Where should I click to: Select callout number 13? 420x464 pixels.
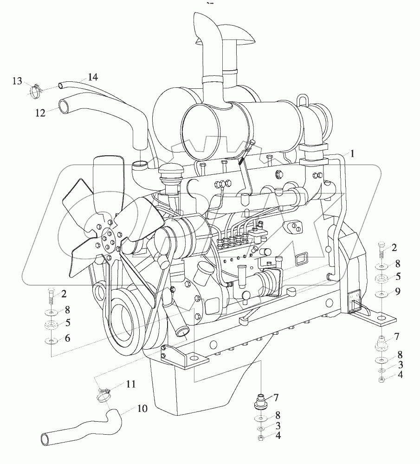coord(17,82)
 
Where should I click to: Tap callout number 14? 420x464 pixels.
coord(93,78)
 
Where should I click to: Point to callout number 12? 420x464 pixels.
coord(41,113)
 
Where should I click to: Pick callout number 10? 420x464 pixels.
coord(142,409)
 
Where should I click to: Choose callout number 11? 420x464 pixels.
coord(131,384)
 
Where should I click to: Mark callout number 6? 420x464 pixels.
coord(68,338)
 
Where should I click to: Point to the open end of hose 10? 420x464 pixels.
coord(45,438)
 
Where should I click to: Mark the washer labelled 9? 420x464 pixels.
coord(381,294)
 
